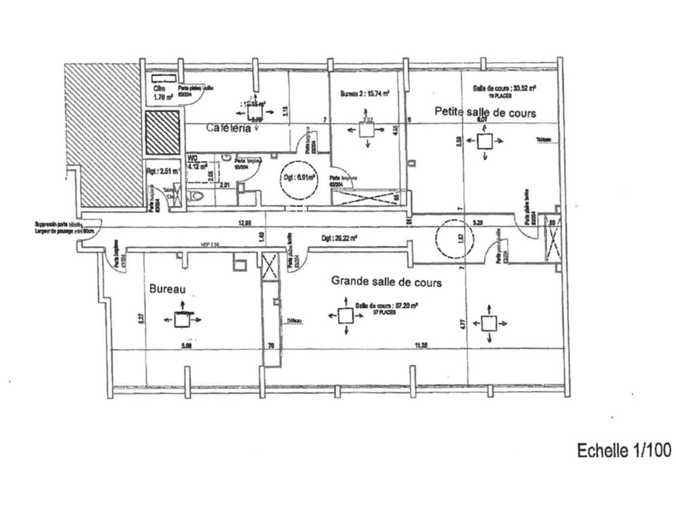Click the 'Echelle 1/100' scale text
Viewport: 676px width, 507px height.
[x=624, y=450]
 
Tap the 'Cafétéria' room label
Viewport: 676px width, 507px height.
[x=229, y=128]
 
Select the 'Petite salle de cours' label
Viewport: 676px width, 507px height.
[x=485, y=112]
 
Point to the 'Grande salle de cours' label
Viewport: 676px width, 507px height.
[x=386, y=281]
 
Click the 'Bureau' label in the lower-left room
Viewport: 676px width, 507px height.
[x=167, y=289]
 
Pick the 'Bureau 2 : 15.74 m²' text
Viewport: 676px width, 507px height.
[x=364, y=93]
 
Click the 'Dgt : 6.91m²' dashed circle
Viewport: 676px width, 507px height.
[x=297, y=179]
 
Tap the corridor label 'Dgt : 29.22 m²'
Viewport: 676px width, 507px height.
[x=340, y=238]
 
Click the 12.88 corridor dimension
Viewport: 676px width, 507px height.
[x=245, y=223]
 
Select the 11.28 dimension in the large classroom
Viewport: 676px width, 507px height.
[x=421, y=345]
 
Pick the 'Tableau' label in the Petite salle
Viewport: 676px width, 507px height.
[x=543, y=139]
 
